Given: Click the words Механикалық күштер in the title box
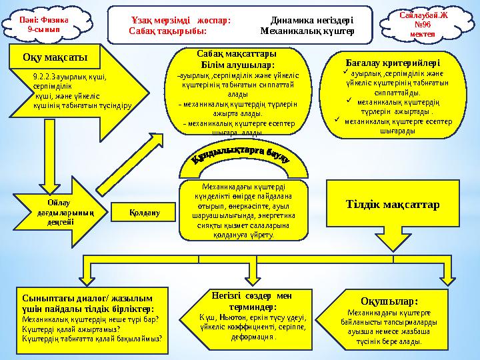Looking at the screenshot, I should pos(307,31).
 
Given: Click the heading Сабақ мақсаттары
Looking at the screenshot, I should pos(238,55).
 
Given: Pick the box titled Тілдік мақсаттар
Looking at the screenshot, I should pos(393,204).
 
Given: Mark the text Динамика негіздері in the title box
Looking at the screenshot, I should pos(311,20).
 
